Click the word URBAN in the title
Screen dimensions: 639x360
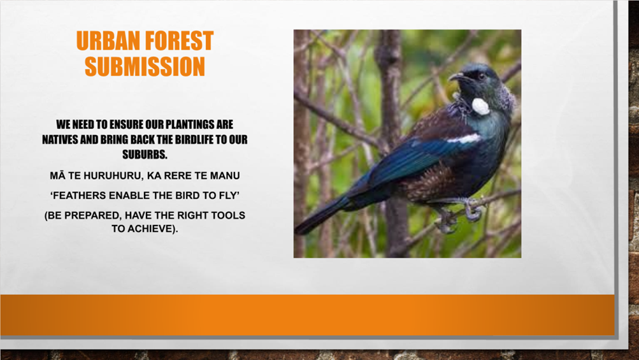tap(108, 41)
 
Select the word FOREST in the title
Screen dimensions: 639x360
tap(179, 41)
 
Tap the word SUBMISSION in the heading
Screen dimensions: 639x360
tap(145, 66)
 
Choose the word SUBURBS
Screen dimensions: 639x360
tap(145, 155)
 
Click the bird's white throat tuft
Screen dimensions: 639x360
tap(480, 106)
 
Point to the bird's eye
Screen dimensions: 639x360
tap(482, 76)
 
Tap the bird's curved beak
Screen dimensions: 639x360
tap(457, 76)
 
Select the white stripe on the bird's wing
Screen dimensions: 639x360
tap(464, 139)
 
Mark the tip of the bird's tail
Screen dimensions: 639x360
tap(298, 231)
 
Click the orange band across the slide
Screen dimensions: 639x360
tap(307, 315)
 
